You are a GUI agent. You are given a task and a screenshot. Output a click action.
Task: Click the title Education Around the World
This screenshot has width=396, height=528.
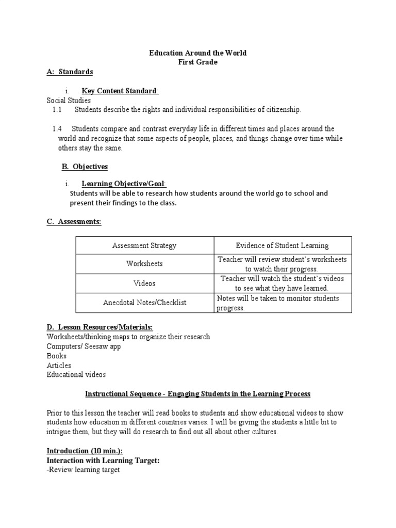click(198, 53)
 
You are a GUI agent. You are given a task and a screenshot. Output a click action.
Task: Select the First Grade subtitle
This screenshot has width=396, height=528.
click(198, 62)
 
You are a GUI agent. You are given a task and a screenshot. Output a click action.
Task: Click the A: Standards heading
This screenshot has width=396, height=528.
click(70, 72)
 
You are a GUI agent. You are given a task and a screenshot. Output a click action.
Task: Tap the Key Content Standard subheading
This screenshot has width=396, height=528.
click(120, 91)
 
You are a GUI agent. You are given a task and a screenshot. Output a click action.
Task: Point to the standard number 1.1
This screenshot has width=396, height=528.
click(57, 110)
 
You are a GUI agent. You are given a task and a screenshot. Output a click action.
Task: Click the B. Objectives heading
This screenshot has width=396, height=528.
click(85, 167)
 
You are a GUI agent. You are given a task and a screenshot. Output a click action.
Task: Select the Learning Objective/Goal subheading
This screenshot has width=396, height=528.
click(124, 184)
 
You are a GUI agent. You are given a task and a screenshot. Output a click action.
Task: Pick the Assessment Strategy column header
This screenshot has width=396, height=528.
click(144, 245)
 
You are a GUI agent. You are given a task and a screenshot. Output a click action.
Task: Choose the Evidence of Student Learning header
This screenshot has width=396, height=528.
click(282, 245)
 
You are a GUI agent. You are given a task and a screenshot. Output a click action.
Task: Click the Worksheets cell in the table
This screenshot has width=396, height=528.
click(144, 263)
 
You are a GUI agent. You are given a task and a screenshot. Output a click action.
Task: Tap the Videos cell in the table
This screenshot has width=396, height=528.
click(144, 283)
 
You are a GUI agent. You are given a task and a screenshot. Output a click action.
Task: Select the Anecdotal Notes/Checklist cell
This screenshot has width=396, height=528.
click(144, 303)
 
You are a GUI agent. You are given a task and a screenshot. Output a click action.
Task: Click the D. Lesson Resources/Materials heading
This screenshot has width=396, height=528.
click(100, 327)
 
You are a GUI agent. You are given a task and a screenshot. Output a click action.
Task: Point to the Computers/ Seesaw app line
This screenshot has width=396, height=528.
click(84, 346)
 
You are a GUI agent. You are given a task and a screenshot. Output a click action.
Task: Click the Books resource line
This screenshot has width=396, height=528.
click(56, 356)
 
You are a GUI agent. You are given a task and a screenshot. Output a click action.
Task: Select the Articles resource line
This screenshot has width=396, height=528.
click(59, 366)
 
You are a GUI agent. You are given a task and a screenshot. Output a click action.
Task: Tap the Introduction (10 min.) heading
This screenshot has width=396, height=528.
click(85, 450)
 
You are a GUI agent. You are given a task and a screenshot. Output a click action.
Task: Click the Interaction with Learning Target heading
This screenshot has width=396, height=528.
click(103, 460)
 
